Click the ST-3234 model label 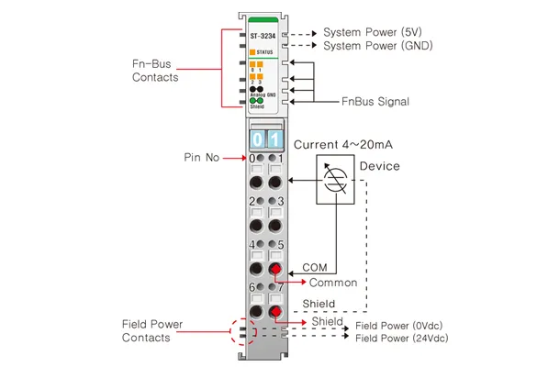click(x=263, y=36)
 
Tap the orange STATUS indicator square click(x=252, y=52)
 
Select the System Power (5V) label click(x=373, y=32)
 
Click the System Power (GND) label click(x=378, y=46)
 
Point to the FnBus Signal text click(x=375, y=101)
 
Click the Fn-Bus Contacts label click(x=155, y=71)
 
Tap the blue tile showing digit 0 click(x=258, y=139)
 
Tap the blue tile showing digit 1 click(x=275, y=139)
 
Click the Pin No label click(x=201, y=157)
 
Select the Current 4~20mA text click(x=343, y=144)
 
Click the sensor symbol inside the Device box click(x=335, y=179)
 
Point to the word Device click(x=379, y=166)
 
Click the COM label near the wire click(x=315, y=267)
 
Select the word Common click(x=333, y=283)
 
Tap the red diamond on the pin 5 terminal click(x=275, y=269)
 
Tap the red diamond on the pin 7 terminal click(x=275, y=312)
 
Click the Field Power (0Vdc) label click(x=399, y=326)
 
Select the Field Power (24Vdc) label click(x=402, y=339)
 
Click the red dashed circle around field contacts click(x=231, y=331)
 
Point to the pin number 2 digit click(x=252, y=201)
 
